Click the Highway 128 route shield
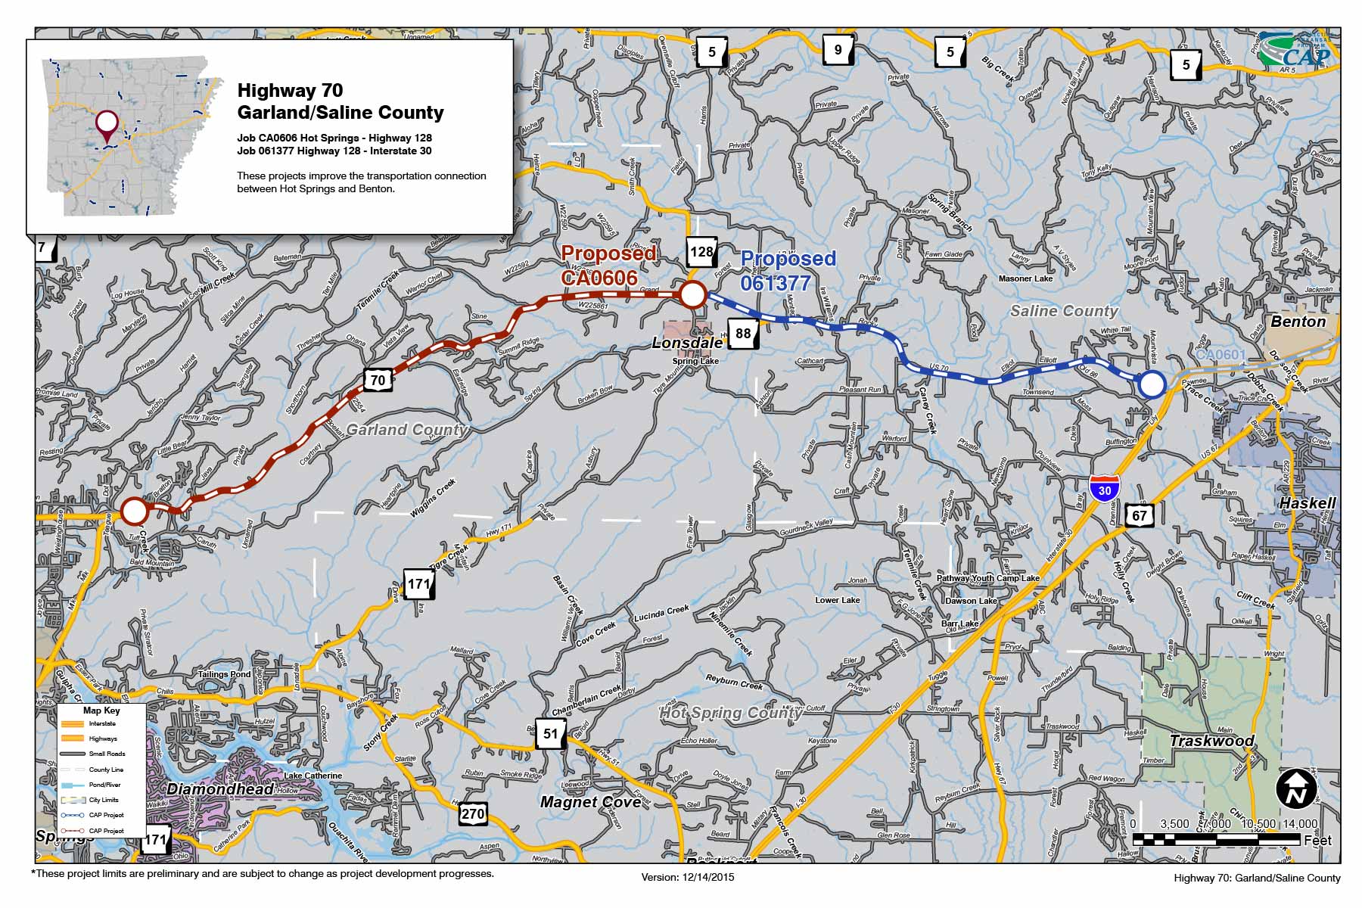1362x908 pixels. (701, 252)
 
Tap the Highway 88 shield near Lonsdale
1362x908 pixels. (743, 334)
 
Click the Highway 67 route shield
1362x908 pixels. (1139, 516)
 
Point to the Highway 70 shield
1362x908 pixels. (378, 380)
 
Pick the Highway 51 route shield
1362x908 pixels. (550, 734)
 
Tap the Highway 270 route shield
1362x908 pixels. (472, 814)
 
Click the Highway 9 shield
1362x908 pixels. (838, 50)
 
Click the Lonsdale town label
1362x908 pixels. (687, 343)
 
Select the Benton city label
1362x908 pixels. (1298, 322)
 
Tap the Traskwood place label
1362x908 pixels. (1211, 741)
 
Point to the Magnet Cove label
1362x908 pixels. (590, 802)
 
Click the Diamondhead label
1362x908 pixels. (220, 789)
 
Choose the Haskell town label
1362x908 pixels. (1307, 503)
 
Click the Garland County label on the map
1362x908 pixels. (406, 430)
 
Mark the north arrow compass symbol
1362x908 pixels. (1296, 789)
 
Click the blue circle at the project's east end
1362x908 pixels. (1152, 384)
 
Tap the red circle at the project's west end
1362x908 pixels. (134, 512)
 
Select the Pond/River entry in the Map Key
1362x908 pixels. (104, 785)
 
